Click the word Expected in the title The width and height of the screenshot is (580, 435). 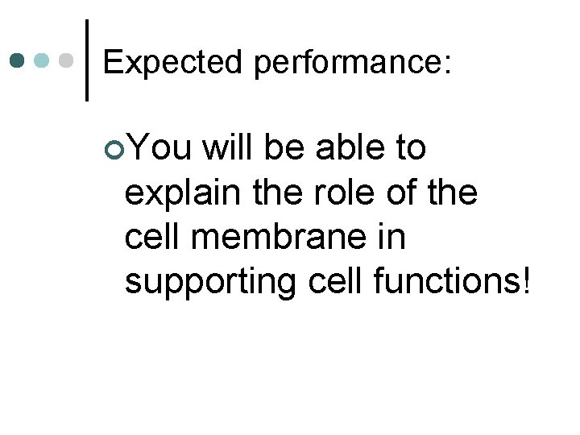172,62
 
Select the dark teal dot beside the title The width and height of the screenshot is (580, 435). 18,60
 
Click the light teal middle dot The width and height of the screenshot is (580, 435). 43,60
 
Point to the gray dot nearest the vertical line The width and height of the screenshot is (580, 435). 68,60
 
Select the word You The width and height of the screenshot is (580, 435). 159,148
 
